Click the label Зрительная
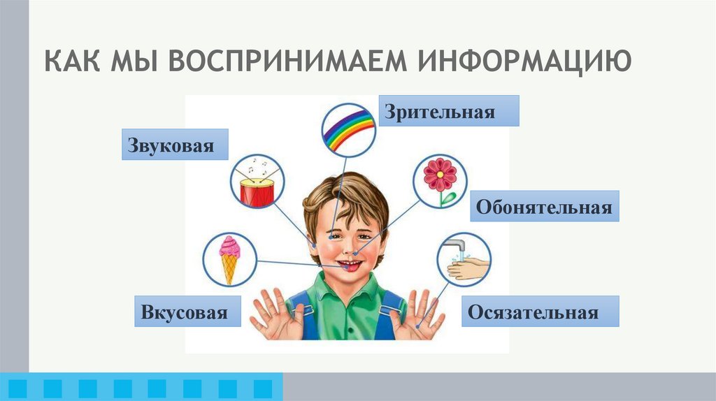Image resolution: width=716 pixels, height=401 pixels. point(450,111)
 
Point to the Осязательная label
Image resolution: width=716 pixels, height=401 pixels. point(540,312)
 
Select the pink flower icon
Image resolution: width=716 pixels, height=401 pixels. point(440,181)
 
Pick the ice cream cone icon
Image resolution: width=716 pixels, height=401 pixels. point(229,258)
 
